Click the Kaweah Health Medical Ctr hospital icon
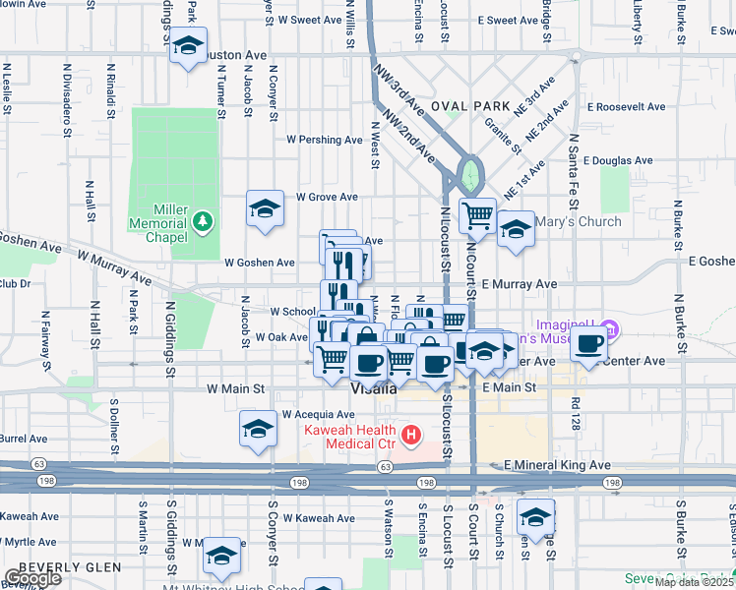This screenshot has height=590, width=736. tap(413, 433)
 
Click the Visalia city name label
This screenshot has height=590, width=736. tap(374, 388)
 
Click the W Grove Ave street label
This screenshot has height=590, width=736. tap(328, 197)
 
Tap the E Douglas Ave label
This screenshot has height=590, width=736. tap(618, 160)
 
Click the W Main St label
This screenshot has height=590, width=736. tap(236, 389)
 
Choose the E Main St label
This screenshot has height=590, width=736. tap(511, 388)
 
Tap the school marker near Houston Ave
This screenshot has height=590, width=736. tap(188, 46)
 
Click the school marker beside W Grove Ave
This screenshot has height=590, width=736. tap(265, 208)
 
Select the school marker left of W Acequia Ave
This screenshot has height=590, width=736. tap(258, 429)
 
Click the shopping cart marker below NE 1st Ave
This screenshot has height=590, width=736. tap(478, 213)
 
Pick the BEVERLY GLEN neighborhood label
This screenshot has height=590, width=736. tap(69, 567)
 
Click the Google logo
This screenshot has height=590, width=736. tap(31, 578)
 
